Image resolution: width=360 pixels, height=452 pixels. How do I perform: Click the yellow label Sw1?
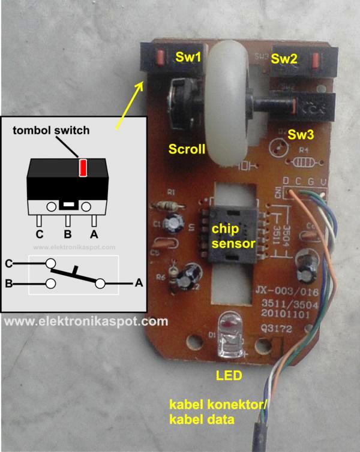[x=188, y=58]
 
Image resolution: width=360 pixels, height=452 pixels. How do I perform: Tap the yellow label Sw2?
[x=284, y=59]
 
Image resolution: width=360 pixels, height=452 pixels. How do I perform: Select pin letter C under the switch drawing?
[x=40, y=234]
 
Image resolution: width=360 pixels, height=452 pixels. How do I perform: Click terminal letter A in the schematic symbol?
[x=139, y=283]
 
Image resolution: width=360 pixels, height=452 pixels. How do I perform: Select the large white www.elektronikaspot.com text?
[x=86, y=321]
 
